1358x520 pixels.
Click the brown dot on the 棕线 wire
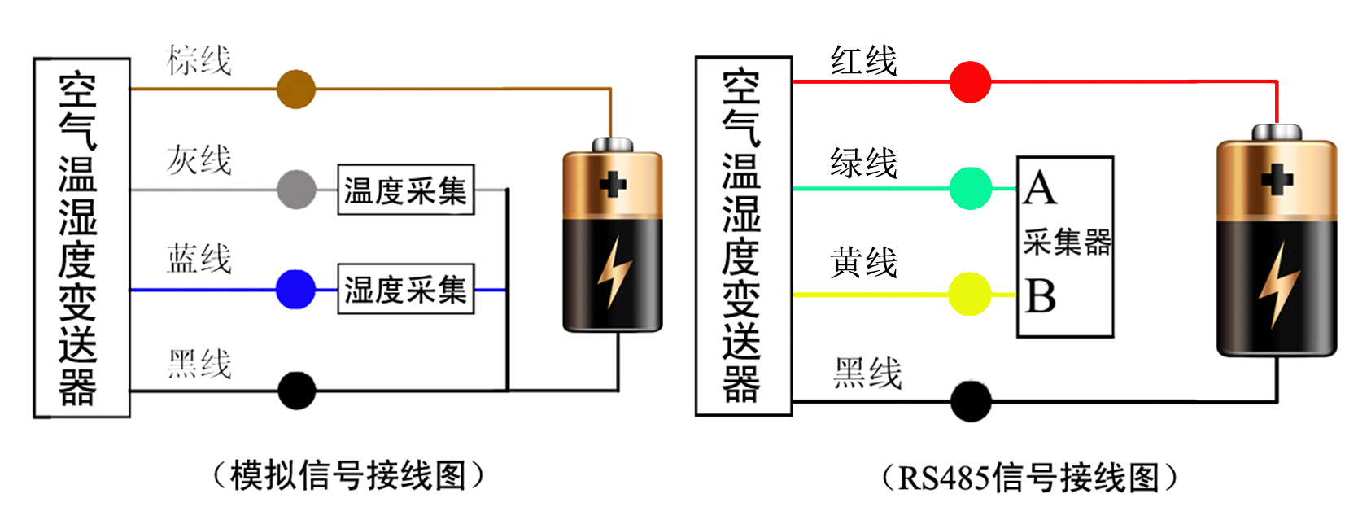[295, 90]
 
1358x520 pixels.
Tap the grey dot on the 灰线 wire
[296, 190]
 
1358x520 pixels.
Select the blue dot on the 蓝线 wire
[295, 290]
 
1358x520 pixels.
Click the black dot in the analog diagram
[297, 391]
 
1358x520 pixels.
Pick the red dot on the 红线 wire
[970, 82]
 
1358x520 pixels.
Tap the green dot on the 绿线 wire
[971, 189]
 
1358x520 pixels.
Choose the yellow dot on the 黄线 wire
[970, 294]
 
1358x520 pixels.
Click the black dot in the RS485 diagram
[971, 401]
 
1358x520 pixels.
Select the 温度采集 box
[405, 190]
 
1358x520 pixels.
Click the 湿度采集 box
[405, 289]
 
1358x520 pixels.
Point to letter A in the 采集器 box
[1040, 189]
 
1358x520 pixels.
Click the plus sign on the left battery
[613, 184]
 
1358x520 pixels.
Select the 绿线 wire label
[863, 164]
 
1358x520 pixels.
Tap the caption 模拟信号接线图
[348, 475]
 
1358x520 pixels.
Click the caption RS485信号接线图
[1028, 478]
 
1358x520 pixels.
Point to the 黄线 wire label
[863, 263]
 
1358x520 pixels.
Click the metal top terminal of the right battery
[1276, 132]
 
